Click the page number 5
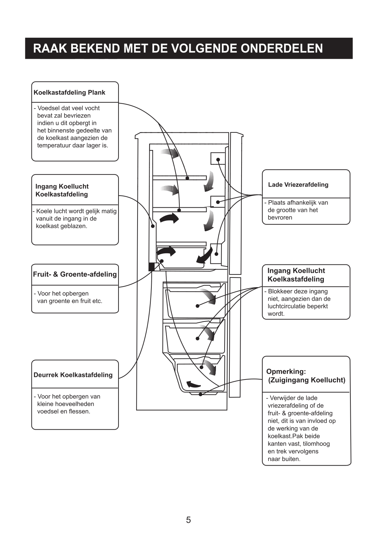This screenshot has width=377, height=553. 188,520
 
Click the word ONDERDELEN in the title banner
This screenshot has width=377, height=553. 281,48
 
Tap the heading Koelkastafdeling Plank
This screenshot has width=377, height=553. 69,93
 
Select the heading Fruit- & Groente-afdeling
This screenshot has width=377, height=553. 75,274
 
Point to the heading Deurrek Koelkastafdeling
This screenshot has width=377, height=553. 73,375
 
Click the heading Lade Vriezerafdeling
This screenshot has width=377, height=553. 298,185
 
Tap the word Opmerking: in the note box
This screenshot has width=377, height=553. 286,371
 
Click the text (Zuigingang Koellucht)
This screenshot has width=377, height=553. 307,380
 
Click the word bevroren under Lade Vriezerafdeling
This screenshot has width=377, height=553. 280,217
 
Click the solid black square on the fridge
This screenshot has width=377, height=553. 151,267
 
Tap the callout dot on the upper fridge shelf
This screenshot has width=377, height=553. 187,178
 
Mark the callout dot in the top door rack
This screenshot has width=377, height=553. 218,160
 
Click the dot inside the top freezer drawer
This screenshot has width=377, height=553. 198,306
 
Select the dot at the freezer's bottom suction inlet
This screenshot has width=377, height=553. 200,394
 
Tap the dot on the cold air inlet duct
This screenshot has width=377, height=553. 153,226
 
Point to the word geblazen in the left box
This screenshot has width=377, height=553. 74,226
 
